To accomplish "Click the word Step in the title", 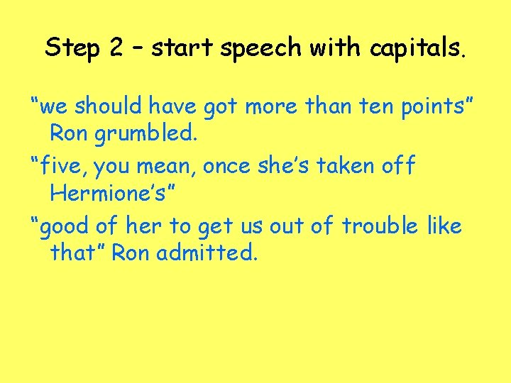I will point(74,48).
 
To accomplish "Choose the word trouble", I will point(381,226).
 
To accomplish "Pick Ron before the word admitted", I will point(131,252).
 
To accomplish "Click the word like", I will point(445,226).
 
